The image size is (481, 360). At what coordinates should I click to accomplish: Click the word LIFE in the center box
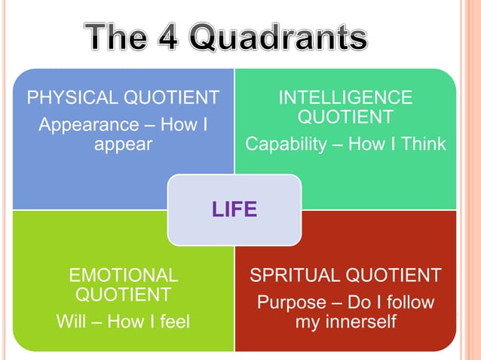pyautogui.click(x=234, y=209)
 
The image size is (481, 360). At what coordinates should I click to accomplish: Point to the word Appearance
pyautogui.click(x=84, y=124)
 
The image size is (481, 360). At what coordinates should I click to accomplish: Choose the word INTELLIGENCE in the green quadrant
pyautogui.click(x=345, y=97)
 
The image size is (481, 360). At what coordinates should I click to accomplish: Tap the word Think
pyautogui.click(x=422, y=144)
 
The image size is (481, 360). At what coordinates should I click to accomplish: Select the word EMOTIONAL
pyautogui.click(x=124, y=275)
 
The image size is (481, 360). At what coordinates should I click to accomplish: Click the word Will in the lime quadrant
pyautogui.click(x=72, y=322)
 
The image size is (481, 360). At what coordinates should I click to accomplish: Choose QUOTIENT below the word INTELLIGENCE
pyautogui.click(x=345, y=117)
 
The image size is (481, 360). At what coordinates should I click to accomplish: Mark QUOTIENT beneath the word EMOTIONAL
pyautogui.click(x=124, y=294)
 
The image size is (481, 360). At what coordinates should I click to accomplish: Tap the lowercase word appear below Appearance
pyautogui.click(x=124, y=143)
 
